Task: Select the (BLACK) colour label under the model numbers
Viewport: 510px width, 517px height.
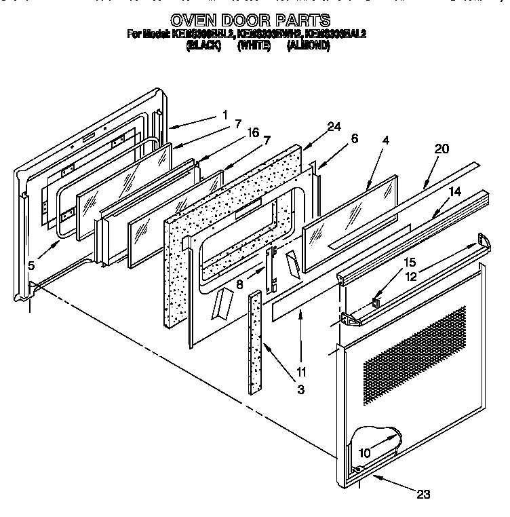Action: pos(203,46)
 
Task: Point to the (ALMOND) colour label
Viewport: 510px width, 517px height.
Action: pos(308,46)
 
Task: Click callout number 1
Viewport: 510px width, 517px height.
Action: pos(224,115)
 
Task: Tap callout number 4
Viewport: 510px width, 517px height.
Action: pos(385,140)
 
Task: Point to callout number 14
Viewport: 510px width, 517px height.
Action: pos(455,193)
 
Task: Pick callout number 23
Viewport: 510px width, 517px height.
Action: pos(423,495)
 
